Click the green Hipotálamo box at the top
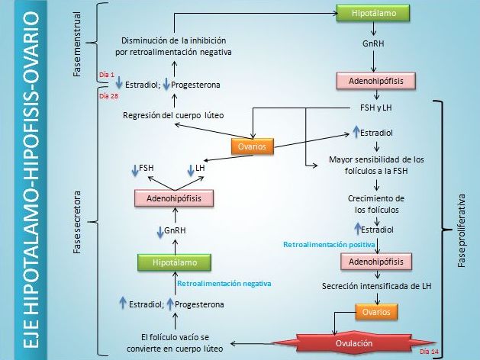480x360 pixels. point(372,14)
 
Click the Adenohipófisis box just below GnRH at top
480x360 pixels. point(372,79)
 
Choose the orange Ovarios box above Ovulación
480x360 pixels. point(377,312)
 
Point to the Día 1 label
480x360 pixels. point(106,74)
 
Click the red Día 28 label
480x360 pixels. point(108,97)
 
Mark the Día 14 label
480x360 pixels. point(429,351)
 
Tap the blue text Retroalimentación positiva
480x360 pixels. point(329,245)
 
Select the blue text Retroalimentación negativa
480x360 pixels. point(224,283)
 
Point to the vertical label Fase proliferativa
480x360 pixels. point(461,229)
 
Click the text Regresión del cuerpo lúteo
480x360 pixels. point(174,115)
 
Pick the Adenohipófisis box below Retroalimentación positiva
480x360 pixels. point(372,262)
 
